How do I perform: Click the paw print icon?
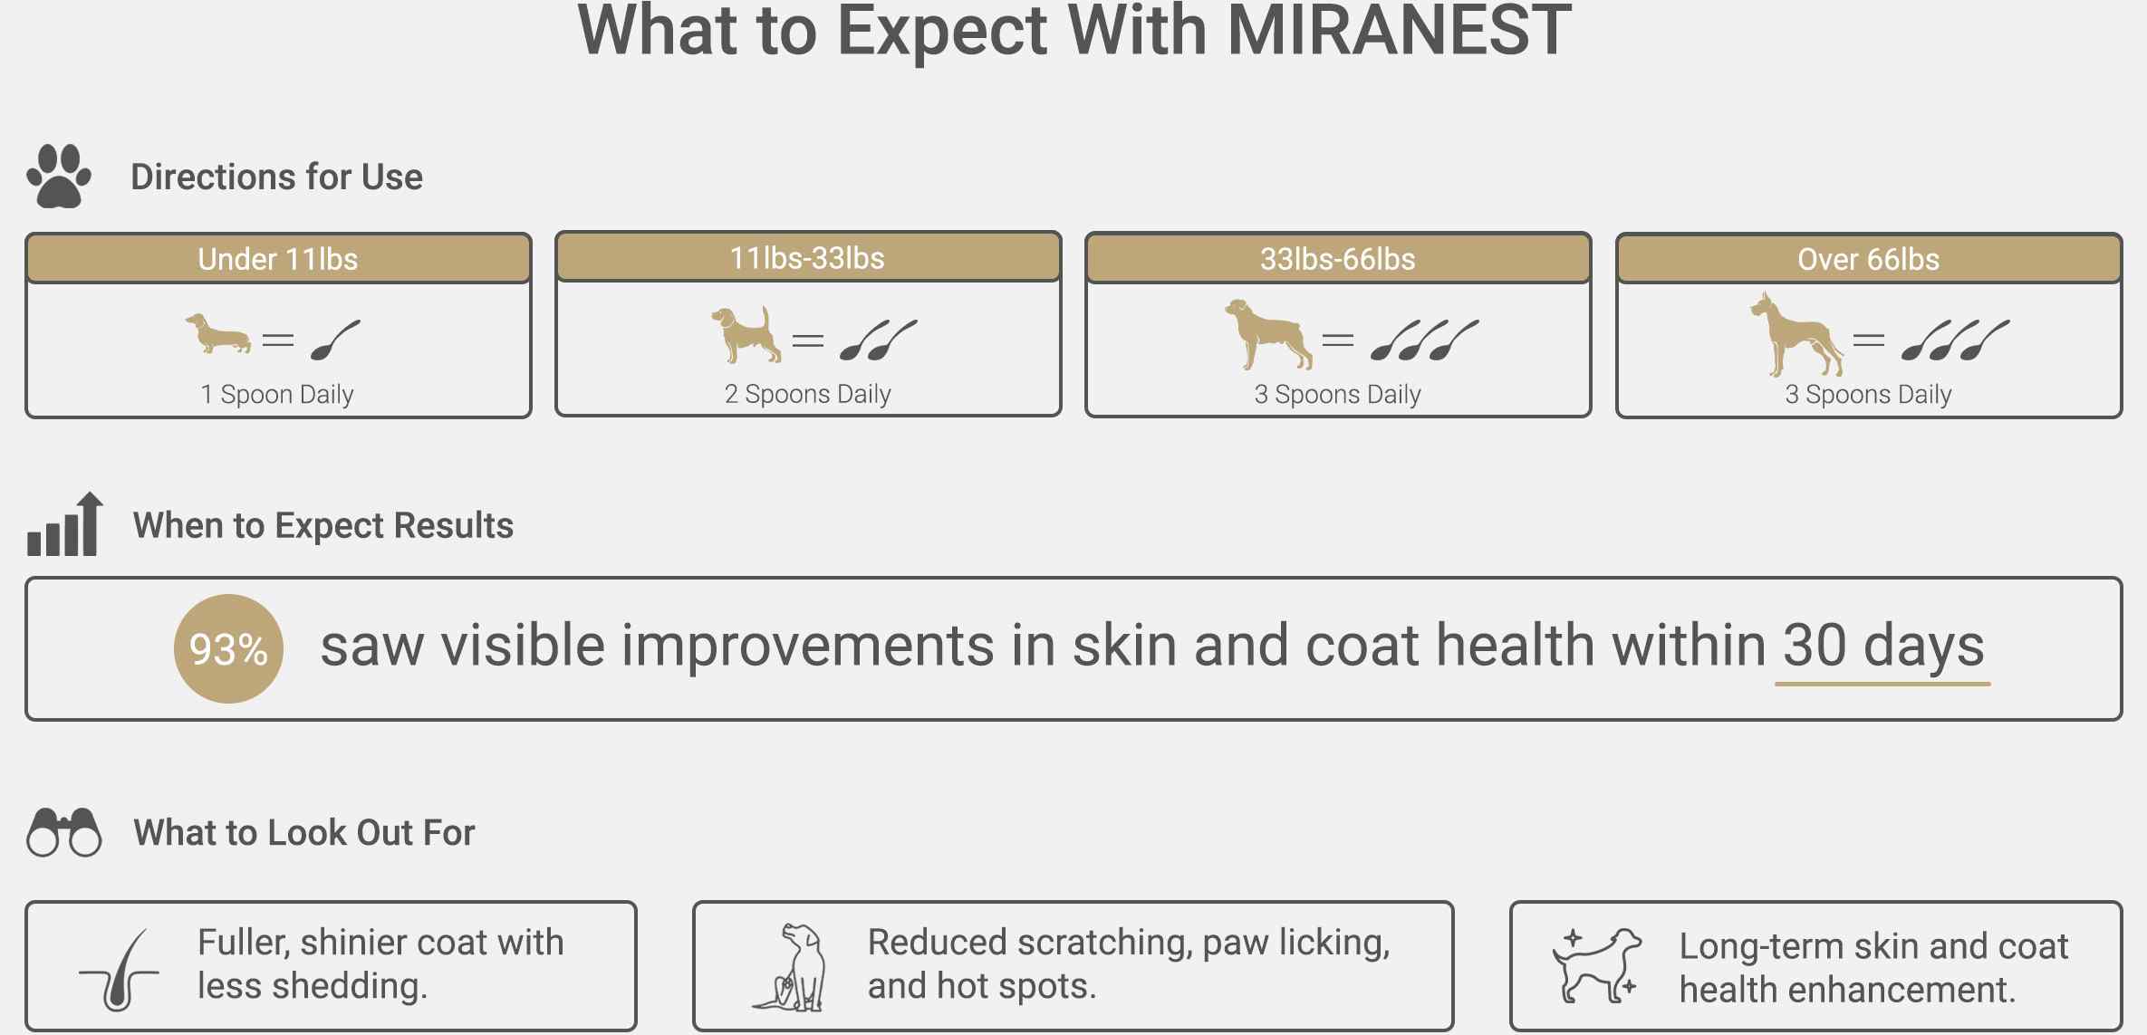[x=59, y=176]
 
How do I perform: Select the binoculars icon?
[x=64, y=832]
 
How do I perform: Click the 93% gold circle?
[x=228, y=648]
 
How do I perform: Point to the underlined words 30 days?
[x=1883, y=646]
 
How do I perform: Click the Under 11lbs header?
[x=278, y=259]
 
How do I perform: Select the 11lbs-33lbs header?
[x=808, y=258]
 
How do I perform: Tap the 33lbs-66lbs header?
[x=1338, y=259]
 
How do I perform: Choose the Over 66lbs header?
[x=1869, y=259]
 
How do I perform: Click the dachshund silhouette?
[x=218, y=333]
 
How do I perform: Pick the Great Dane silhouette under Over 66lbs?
[x=1796, y=334]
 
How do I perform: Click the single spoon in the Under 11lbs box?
[x=335, y=340]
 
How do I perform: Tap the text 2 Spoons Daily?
[x=808, y=394]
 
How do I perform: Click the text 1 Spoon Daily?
[x=277, y=394]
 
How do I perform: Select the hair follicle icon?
[x=120, y=970]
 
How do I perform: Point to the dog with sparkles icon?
[x=1597, y=965]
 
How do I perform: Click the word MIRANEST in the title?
[x=1399, y=31]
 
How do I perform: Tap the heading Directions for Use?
[x=277, y=177]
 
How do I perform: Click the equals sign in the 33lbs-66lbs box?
[x=1338, y=340]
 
